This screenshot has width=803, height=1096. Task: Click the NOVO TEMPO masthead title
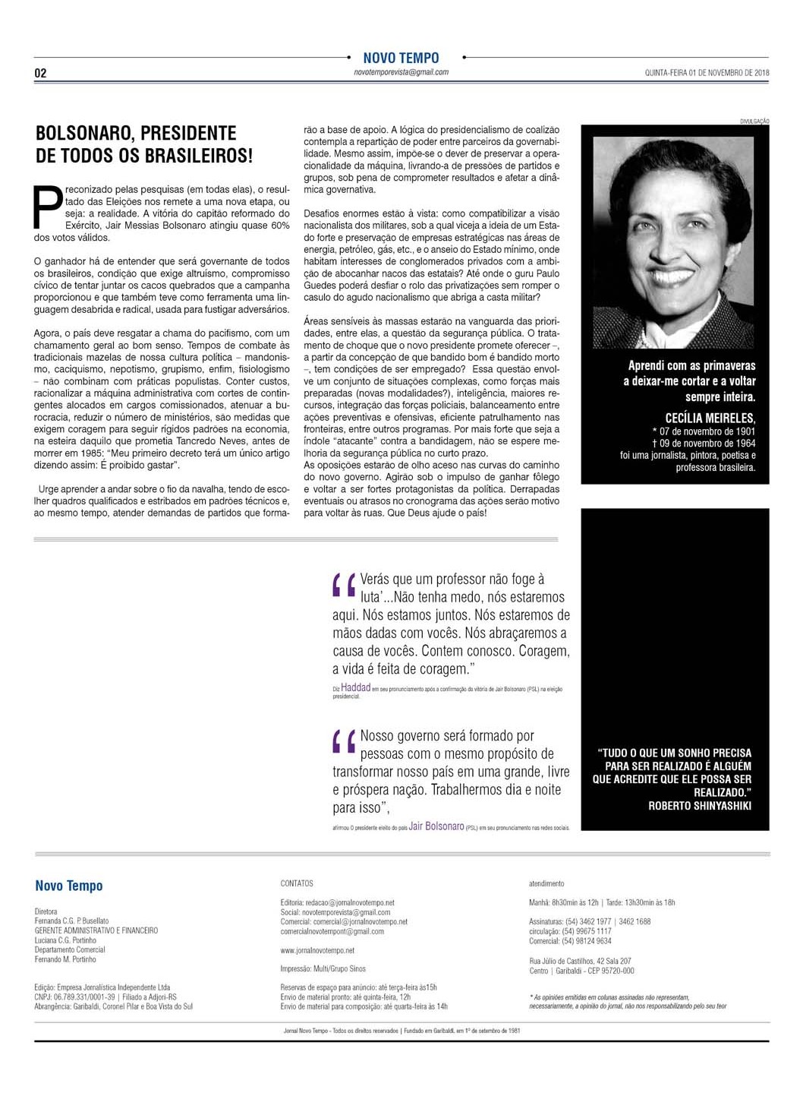click(x=401, y=58)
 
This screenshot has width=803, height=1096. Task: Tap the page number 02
click(x=41, y=74)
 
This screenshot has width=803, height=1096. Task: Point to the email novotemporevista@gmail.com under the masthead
click(x=401, y=72)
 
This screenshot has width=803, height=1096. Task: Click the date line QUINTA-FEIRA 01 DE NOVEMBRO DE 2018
click(x=707, y=73)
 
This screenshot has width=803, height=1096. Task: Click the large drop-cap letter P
click(x=47, y=207)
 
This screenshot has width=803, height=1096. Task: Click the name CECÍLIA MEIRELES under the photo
click(x=710, y=419)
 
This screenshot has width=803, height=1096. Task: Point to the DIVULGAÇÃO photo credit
click(x=754, y=122)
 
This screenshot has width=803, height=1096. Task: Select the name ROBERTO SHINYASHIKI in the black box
click(x=699, y=806)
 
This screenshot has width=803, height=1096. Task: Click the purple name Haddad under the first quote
click(x=355, y=687)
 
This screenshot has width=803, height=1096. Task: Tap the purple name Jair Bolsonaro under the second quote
click(x=436, y=826)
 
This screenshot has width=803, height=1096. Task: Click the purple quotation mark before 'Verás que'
click(x=344, y=587)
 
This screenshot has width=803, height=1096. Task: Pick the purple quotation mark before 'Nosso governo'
click(x=344, y=742)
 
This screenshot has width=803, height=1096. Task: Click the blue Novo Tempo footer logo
click(x=68, y=886)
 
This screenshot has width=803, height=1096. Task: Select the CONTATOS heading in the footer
click(x=297, y=883)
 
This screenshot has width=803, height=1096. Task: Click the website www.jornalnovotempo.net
click(x=317, y=950)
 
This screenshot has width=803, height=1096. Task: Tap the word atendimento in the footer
click(x=546, y=883)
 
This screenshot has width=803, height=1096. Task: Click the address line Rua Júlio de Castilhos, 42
click(x=580, y=961)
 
